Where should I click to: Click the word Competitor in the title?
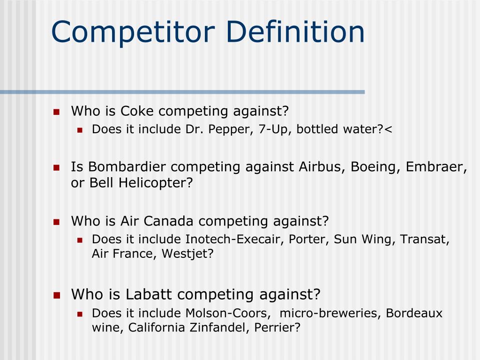tap(133, 32)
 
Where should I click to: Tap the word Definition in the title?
tap(295, 32)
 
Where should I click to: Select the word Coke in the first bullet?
tap(137, 112)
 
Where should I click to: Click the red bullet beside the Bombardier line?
tap(56, 167)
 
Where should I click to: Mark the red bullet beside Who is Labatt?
tap(56, 295)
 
